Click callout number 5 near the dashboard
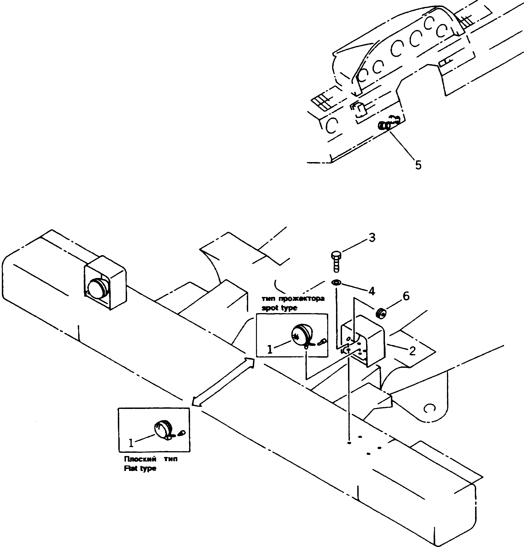(418, 165)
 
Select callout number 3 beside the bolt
(372, 238)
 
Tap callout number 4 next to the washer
(371, 291)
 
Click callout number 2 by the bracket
(412, 351)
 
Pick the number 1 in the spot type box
(270, 349)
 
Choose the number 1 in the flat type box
(131, 443)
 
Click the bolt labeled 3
(336, 261)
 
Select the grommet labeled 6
(381, 313)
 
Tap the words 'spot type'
(279, 308)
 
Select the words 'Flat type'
(140, 468)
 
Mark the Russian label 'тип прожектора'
(293, 299)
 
